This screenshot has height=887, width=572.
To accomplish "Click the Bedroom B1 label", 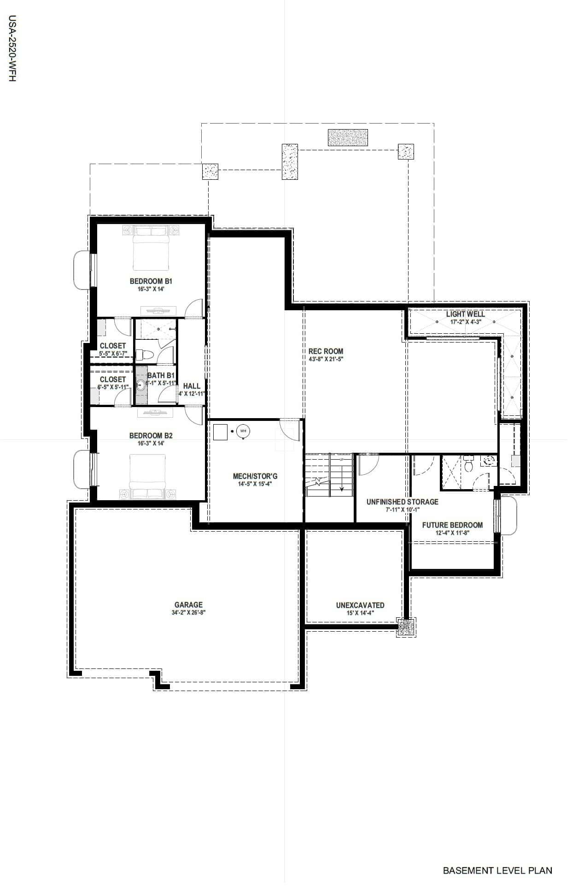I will (151, 281).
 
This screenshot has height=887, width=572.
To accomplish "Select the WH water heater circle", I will (243, 431).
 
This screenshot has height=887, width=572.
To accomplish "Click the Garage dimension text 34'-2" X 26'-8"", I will (188, 613).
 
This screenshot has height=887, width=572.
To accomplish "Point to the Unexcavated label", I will (360, 605).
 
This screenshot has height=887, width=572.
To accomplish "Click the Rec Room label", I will (326, 351).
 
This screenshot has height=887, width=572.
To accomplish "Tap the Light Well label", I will (465, 314).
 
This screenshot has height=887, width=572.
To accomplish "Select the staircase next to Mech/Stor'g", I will (329, 475).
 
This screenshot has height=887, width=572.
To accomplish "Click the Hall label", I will (192, 386).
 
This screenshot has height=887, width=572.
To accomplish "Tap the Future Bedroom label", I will (452, 525).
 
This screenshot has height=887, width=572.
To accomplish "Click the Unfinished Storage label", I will (402, 502).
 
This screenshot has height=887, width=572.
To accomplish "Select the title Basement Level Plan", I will (497, 870).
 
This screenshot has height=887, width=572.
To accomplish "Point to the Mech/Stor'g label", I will (255, 476).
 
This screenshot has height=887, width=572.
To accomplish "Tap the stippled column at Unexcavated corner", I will (406, 627).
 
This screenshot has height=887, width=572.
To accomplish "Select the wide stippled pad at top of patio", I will (348, 137).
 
